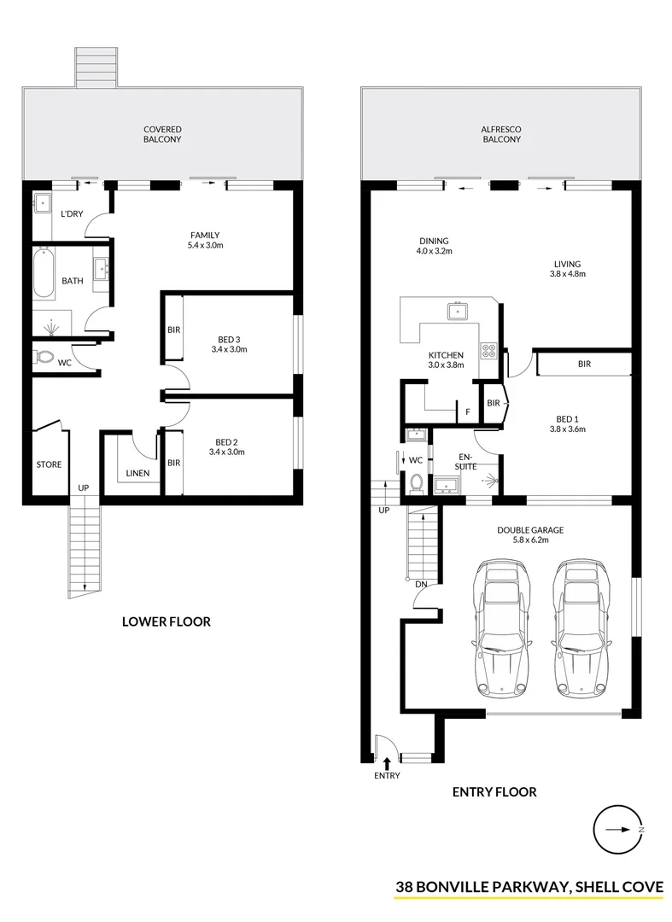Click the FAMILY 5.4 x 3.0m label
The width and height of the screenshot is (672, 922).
(205, 240)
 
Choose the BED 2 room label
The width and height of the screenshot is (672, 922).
(227, 447)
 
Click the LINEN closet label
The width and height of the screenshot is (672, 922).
(137, 473)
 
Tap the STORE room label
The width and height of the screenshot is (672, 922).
(49, 464)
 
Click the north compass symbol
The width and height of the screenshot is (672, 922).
(617, 829)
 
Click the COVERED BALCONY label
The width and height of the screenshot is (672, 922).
(162, 134)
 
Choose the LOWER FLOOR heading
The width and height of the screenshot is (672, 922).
(166, 621)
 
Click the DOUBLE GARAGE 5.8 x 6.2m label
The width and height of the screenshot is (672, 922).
(530, 534)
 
